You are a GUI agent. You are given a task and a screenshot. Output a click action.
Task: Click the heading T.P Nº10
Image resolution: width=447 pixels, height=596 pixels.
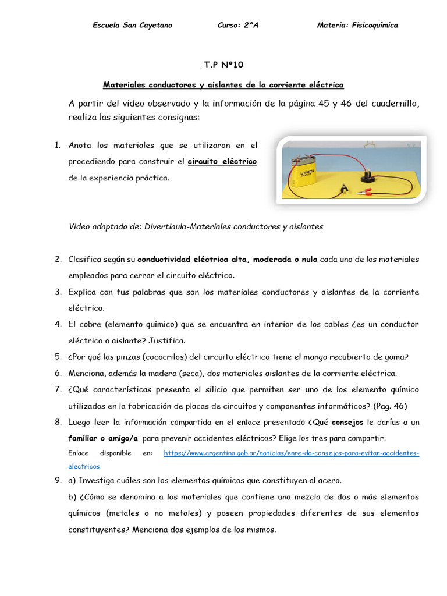point(223,65)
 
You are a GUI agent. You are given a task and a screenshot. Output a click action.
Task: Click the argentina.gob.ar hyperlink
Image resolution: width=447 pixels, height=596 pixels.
point(291,453)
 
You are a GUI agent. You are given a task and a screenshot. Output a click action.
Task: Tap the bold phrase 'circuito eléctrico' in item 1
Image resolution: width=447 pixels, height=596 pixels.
point(222,161)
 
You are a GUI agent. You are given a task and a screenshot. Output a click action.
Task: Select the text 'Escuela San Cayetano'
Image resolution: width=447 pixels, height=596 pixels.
point(132,25)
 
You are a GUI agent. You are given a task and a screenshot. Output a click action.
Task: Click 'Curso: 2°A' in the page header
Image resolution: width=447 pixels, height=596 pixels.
point(237,25)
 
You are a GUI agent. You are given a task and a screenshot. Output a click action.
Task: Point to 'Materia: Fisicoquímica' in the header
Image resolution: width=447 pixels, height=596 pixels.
point(357,25)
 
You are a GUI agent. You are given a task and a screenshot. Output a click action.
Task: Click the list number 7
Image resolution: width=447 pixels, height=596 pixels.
point(58,389)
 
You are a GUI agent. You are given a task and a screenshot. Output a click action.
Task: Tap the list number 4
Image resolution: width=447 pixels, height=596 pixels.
point(58,324)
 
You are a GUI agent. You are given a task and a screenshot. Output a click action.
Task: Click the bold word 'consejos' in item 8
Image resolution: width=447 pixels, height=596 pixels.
point(347,422)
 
